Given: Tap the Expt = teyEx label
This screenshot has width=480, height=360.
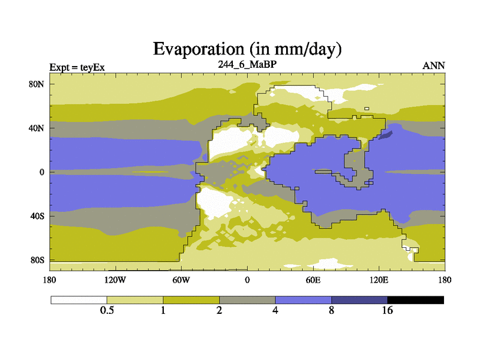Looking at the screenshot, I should [x=77, y=67].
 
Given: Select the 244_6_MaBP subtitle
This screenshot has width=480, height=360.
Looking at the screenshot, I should [x=247, y=64].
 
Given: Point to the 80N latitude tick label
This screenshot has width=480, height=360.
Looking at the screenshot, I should [x=37, y=84].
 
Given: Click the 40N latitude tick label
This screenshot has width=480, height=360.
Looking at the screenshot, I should [x=37, y=128].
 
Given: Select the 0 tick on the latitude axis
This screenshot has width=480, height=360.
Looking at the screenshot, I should [x=42, y=172].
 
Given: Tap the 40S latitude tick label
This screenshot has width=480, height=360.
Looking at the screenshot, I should [x=37, y=216].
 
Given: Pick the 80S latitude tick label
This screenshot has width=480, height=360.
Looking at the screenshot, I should [x=37, y=260].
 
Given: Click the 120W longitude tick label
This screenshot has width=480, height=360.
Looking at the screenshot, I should [x=115, y=280].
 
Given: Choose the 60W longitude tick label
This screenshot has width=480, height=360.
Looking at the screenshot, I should [x=181, y=280].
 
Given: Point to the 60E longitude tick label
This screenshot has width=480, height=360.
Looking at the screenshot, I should [x=313, y=280].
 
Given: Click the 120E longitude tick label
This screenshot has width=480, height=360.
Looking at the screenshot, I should [x=379, y=280].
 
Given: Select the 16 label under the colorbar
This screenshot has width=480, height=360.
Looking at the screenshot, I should [x=387, y=310].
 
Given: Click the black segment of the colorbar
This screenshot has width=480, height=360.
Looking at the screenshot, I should [x=415, y=299].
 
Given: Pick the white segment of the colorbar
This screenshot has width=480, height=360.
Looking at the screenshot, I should [x=79, y=299].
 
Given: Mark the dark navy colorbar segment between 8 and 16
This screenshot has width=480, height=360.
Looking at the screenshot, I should [x=359, y=299].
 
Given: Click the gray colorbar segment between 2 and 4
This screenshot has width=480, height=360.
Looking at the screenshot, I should [x=247, y=299].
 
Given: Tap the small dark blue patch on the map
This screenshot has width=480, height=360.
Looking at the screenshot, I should [x=386, y=134].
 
